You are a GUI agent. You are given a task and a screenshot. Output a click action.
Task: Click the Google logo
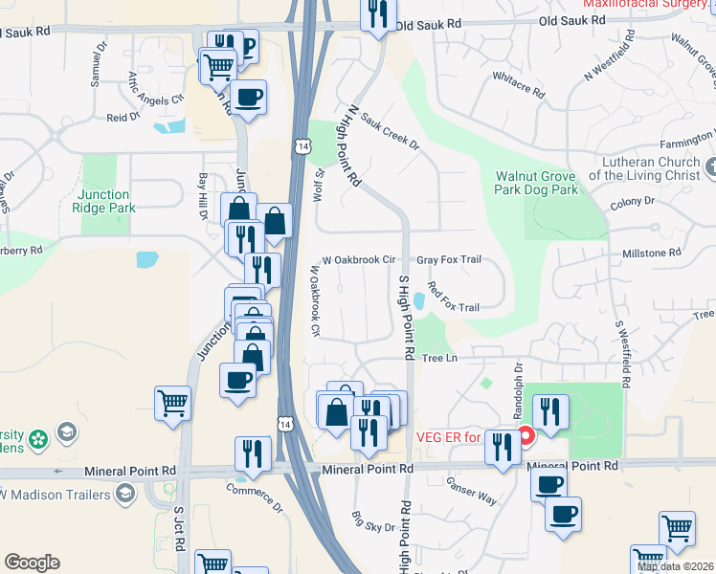click(x=32, y=563)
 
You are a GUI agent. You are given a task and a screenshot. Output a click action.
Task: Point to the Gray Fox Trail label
click(x=448, y=260)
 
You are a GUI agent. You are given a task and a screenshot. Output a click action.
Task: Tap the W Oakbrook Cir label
click(x=359, y=259)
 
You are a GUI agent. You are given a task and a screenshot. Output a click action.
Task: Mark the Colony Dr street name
click(x=632, y=202)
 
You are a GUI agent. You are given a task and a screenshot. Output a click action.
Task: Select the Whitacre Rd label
click(x=518, y=85)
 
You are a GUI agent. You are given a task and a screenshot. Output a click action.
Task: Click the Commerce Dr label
click(x=256, y=499)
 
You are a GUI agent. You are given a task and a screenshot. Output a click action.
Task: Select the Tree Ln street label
click(x=440, y=358)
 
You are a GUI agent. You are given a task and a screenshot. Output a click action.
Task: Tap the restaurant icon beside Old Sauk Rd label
click(x=377, y=14)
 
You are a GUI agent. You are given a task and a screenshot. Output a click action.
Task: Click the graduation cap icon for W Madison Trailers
click(x=124, y=493)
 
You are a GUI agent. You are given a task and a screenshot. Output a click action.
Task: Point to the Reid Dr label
click(x=123, y=118)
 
